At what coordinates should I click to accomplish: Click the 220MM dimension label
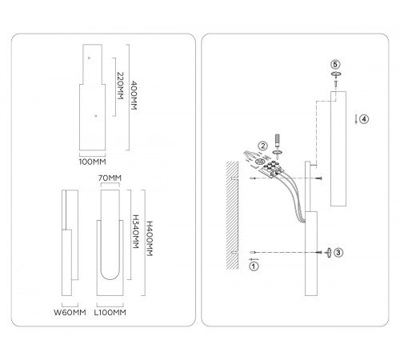pyautogui.click(x=121, y=86)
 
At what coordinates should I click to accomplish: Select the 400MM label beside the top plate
pyautogui.click(x=134, y=95)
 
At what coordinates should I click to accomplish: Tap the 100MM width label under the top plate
pyautogui.click(x=92, y=162)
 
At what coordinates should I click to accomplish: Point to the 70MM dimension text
pyautogui.click(x=110, y=178)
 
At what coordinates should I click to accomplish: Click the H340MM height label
pyautogui.click(x=136, y=231)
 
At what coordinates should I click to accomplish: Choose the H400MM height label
pyautogui.click(x=150, y=238)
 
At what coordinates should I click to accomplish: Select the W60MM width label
pyautogui.click(x=70, y=312)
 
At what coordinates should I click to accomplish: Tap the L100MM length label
pyautogui.click(x=110, y=312)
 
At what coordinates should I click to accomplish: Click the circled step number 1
pyautogui.click(x=254, y=266)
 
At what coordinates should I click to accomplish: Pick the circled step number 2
pyautogui.click(x=263, y=146)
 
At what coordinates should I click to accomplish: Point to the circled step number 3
pyautogui.click(x=338, y=252)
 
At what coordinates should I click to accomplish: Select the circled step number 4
pyautogui.click(x=364, y=119)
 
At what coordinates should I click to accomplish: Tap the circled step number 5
pyautogui.click(x=335, y=64)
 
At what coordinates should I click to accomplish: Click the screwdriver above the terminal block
pyautogui.click(x=278, y=141)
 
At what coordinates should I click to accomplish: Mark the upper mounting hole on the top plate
pyautogui.click(x=89, y=58)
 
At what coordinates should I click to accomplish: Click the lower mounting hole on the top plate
pyautogui.click(x=96, y=116)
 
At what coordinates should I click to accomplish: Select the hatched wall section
pyautogui.click(x=232, y=215)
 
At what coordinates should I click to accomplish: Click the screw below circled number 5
pyautogui.click(x=336, y=83)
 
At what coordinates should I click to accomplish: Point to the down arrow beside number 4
pyautogui.click(x=356, y=119)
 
